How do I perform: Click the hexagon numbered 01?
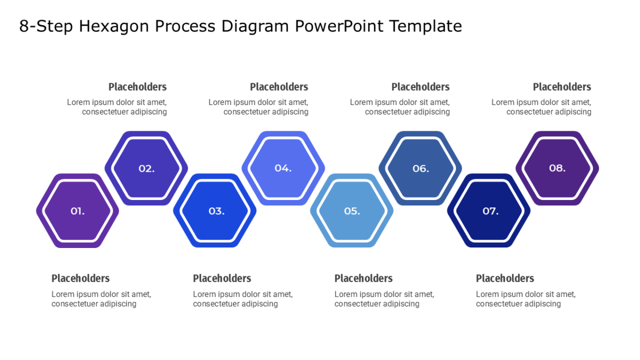point(77,211)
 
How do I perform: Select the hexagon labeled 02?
point(146,169)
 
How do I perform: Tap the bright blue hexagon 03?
point(215,211)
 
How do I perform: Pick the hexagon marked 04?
point(283,169)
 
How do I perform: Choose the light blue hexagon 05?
point(351,211)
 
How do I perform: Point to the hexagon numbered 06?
point(420,169)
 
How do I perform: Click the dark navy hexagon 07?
point(489,211)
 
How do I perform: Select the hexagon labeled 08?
point(557,169)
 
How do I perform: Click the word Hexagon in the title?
point(114,27)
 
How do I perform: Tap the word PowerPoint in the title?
point(339,26)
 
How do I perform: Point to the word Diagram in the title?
point(255,27)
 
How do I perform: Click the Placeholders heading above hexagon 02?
point(138,87)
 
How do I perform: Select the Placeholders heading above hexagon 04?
point(279,87)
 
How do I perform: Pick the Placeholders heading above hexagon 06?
point(421,87)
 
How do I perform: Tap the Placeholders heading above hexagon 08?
point(562,87)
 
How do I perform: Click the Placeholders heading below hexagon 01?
point(81,278)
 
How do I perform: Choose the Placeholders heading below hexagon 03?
point(222,278)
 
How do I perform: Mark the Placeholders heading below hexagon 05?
point(364,278)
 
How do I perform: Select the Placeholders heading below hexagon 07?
point(505,278)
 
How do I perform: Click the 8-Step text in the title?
point(46,27)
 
